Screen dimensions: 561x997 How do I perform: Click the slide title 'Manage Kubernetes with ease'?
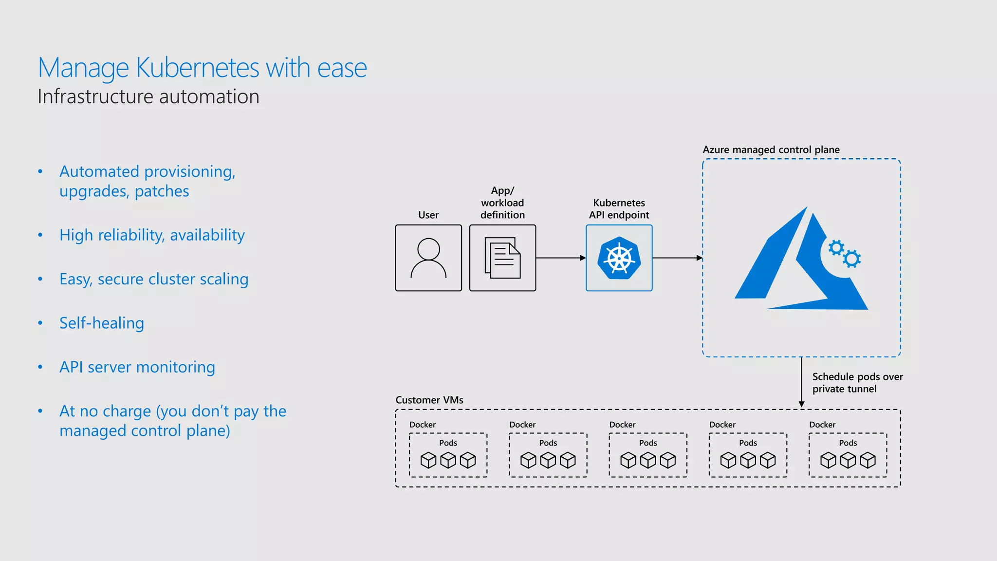(202, 68)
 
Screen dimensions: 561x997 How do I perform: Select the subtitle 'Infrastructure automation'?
(148, 97)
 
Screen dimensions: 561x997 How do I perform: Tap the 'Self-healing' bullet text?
(101, 323)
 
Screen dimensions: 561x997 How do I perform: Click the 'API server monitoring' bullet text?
(137, 367)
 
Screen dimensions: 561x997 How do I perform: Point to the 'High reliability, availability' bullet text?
(152, 235)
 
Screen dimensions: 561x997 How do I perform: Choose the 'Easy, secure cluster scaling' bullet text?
(154, 279)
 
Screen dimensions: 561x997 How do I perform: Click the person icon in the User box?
(428, 258)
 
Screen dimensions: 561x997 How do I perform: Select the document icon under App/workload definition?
(502, 258)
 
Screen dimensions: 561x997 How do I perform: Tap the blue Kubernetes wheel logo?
(619, 258)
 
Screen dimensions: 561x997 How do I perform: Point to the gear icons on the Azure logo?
(845, 253)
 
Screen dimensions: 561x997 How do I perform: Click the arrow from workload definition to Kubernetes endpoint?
(560, 258)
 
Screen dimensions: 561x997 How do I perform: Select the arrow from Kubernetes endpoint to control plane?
(677, 258)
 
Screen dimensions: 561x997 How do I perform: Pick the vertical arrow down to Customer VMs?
(801, 382)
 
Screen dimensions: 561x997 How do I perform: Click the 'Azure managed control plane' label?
(771, 150)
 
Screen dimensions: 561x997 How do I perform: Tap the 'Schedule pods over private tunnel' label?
(857, 383)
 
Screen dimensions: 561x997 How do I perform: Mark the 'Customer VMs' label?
(429, 400)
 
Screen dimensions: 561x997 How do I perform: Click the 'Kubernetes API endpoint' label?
(619, 209)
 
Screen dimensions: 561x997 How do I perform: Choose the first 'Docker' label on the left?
(422, 425)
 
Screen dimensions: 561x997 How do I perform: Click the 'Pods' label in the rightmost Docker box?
(848, 443)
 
